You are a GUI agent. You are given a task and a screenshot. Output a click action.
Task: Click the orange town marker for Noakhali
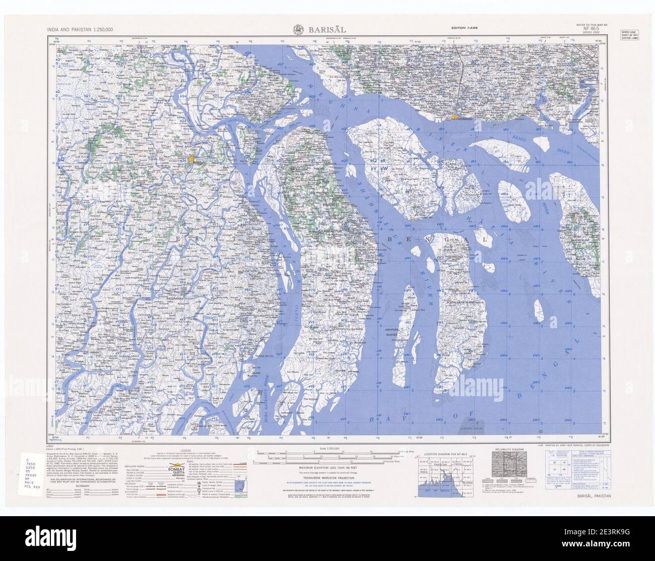(454, 117)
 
